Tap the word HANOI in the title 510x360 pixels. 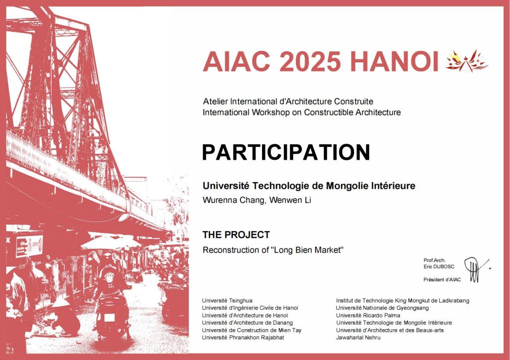coord(394,61)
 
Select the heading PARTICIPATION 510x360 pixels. coord(286,152)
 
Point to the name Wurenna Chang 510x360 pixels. coord(234,200)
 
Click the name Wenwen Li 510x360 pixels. coord(290,200)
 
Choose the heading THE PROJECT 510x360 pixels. coord(236,235)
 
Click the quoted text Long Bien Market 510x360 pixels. coord(307,250)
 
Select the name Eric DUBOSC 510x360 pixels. coord(439,267)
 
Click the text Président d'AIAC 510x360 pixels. coord(442,280)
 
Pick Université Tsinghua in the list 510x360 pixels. coord(227,300)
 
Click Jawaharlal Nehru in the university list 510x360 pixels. coord(358,338)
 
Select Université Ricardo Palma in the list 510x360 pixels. coord(368,316)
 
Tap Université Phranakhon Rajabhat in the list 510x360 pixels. coord(243,338)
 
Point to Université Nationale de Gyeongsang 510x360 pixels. coord(382,308)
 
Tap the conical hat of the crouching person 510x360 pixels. coord(61,302)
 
